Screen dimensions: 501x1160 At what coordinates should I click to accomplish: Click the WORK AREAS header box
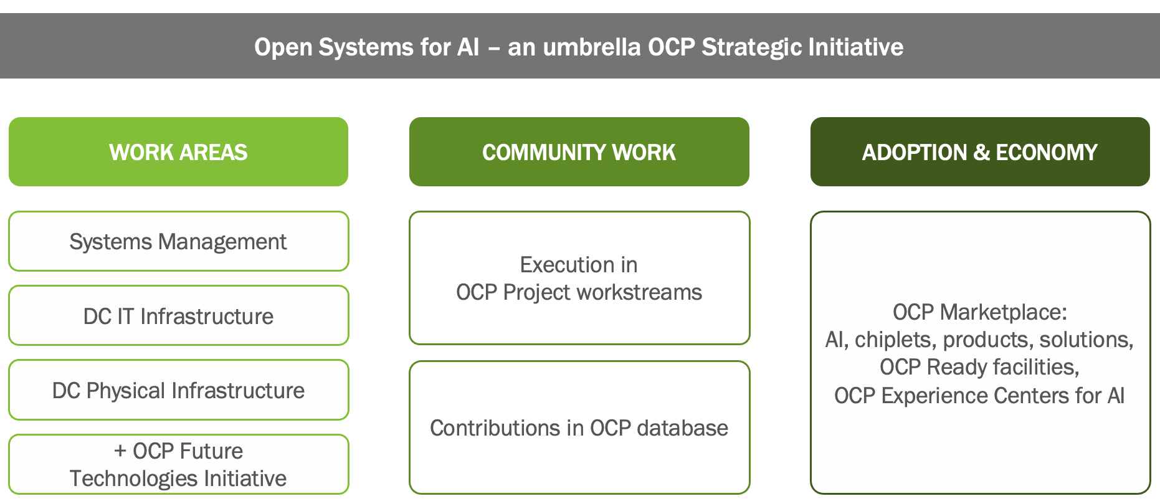point(178,152)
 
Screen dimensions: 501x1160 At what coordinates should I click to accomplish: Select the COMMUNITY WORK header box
point(579,152)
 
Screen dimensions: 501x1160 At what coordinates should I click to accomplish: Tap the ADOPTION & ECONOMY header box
point(979,152)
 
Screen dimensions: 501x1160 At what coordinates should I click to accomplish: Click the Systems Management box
point(178,242)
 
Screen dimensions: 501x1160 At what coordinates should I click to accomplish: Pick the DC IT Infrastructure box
point(178,316)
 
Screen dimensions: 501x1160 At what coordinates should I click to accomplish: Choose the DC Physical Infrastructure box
point(178,390)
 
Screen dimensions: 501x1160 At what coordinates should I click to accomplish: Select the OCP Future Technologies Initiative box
point(178,464)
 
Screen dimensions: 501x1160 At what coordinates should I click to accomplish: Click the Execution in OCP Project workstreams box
point(579,278)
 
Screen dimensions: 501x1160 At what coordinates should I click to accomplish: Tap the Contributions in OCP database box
point(579,428)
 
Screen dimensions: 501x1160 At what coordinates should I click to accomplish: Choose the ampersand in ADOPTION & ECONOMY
point(981,153)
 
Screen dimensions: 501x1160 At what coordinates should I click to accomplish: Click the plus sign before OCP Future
point(120,451)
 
